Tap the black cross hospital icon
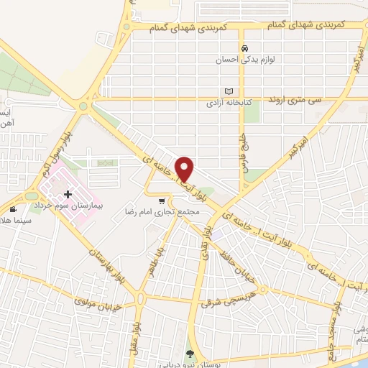[x=69, y=194]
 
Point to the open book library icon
[x=229, y=91]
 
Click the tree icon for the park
[x=190, y=354]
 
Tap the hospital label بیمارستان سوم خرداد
[x=70, y=206]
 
